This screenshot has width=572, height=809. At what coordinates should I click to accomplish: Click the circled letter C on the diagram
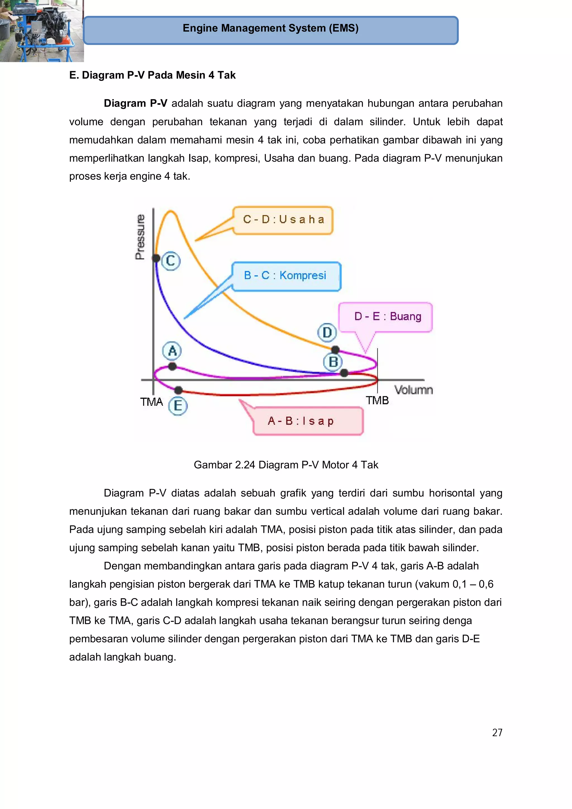tap(171, 261)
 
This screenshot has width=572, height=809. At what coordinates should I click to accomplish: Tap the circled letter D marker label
tap(327, 332)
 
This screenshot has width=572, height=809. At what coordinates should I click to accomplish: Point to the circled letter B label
tap(333, 362)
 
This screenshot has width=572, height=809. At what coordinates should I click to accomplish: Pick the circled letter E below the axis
tap(178, 406)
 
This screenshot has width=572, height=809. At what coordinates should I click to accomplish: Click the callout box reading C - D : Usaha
tap(283, 220)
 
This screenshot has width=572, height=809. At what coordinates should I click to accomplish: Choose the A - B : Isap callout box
tap(308, 421)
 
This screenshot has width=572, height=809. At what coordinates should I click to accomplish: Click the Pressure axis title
tap(140, 237)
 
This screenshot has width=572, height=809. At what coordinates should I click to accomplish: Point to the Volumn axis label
tap(413, 390)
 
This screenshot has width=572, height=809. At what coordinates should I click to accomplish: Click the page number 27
tap(497, 732)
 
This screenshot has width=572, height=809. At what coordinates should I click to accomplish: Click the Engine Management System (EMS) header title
tap(271, 28)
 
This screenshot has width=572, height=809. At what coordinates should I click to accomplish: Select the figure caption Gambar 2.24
tap(286, 465)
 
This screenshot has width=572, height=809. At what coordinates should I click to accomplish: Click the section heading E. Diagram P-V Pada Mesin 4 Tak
tap(152, 75)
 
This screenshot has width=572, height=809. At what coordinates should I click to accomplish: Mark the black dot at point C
tap(156, 258)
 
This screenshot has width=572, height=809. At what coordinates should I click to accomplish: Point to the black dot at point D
tap(335, 350)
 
